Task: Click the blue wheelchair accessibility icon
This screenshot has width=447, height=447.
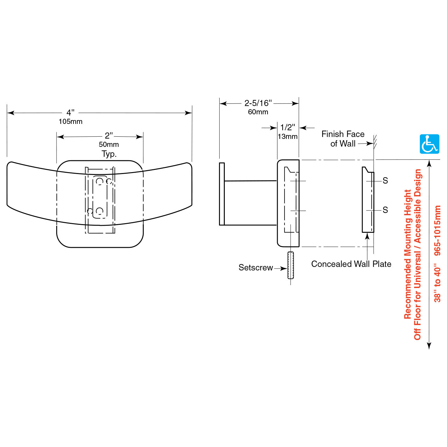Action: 429,144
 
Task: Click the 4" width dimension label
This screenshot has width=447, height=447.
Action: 71,113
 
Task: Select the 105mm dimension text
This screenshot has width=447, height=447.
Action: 71,122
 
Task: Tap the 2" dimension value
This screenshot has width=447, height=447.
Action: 109,136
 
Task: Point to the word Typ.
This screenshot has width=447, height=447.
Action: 109,154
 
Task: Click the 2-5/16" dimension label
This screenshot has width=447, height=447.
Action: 258,103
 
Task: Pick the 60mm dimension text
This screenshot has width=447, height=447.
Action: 258,112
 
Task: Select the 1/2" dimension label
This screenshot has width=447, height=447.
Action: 288,128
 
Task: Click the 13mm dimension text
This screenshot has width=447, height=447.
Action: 288,137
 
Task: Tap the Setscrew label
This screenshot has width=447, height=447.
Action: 256,268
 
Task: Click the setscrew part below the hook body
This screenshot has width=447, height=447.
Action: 291,265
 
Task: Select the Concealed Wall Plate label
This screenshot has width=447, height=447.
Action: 351,264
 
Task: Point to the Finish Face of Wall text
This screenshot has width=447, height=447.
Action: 343,139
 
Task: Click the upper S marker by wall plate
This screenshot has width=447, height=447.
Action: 385,181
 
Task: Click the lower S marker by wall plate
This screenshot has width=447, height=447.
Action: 385,210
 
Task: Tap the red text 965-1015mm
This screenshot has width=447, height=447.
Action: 437,230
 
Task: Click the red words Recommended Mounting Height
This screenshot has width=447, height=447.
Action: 408,254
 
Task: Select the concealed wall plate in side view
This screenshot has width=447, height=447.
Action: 368,200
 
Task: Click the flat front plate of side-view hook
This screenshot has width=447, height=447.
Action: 222,194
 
